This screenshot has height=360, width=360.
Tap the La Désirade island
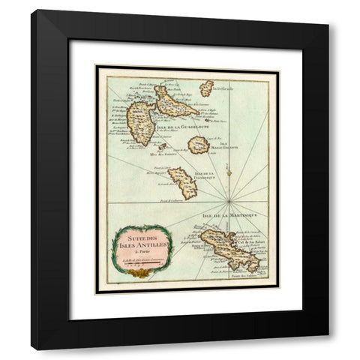click(206, 88)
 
